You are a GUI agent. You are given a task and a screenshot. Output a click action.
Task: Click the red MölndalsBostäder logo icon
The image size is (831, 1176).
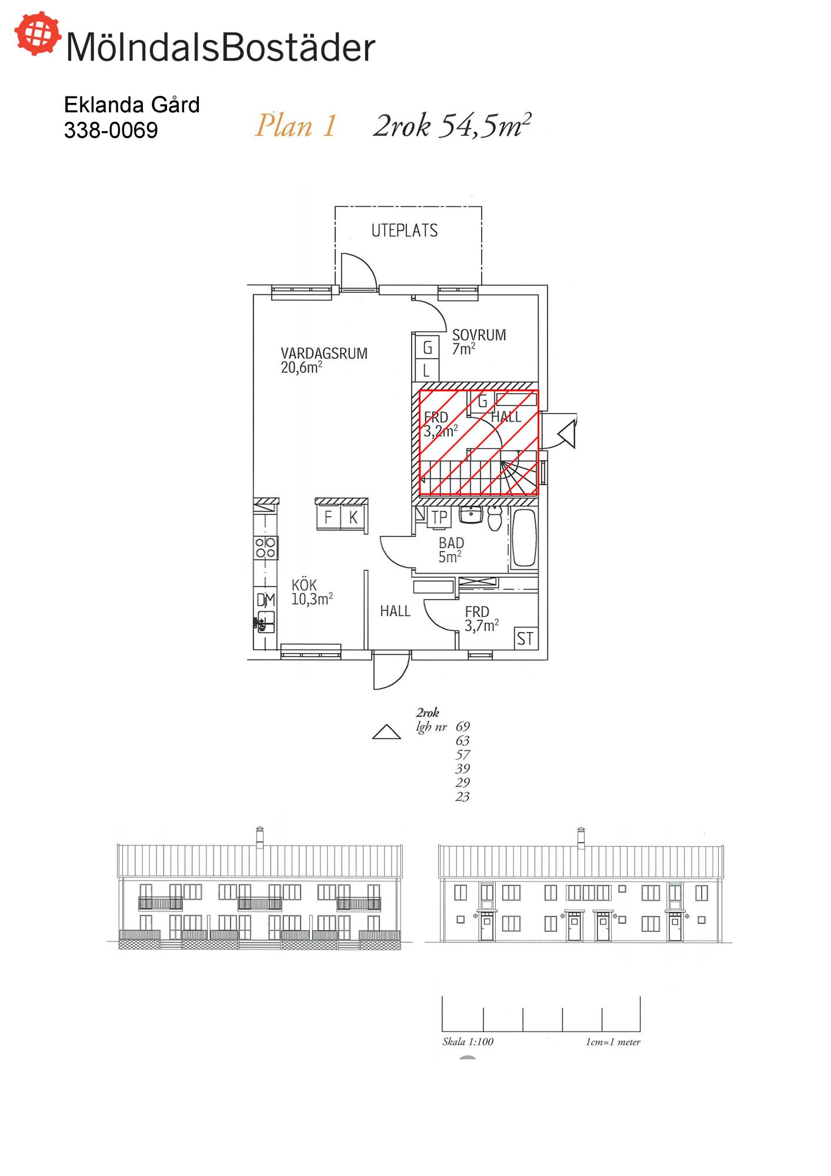[38, 34]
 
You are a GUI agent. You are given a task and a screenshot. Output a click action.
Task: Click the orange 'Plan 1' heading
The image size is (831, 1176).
[296, 126]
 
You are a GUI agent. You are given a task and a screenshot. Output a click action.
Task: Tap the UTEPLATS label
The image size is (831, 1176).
[405, 230]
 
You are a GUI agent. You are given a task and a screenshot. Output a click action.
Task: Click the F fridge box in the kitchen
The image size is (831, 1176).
[328, 517]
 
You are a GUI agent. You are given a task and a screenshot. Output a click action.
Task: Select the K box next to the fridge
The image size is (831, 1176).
[353, 517]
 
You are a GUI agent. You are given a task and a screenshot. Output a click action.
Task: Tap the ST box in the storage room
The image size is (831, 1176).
[525, 638]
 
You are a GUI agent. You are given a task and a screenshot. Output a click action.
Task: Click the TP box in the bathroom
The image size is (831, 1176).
[439, 517]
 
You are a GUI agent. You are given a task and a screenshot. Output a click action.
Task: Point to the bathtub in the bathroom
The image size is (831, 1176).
[524, 538]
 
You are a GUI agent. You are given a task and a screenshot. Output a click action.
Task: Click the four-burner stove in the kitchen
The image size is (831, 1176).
[265, 548]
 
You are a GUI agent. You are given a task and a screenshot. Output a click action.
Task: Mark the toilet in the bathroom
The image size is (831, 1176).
[495, 518]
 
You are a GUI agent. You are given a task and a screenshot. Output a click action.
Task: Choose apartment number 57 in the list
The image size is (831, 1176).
[463, 754]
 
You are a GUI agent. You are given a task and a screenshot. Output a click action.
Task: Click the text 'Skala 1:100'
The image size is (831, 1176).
[468, 1041]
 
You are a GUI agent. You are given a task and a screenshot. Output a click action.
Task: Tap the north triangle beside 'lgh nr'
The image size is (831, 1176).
[386, 731]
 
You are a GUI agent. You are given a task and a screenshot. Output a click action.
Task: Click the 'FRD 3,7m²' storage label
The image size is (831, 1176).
[482, 619]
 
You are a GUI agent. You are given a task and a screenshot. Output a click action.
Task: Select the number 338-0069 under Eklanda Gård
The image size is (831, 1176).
[111, 130]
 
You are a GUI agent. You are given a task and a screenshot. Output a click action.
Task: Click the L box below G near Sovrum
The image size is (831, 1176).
[426, 370]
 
